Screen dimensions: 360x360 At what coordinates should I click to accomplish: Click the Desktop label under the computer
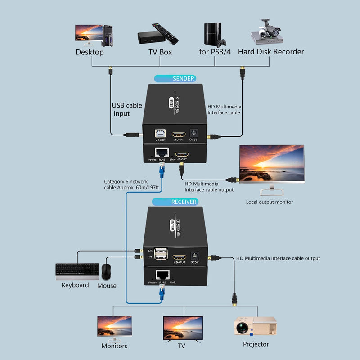pos(90,52)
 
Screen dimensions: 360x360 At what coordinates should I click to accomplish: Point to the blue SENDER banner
pos(175,78)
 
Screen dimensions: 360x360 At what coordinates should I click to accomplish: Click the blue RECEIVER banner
pos(175,202)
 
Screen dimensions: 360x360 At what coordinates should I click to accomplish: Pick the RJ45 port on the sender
pos(161,152)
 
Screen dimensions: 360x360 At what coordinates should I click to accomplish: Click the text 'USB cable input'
pos(126,110)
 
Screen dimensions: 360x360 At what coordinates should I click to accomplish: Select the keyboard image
pos(77,270)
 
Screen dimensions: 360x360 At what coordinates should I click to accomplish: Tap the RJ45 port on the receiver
pos(161,274)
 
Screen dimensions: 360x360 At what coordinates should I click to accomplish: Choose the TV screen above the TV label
pos(182,327)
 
